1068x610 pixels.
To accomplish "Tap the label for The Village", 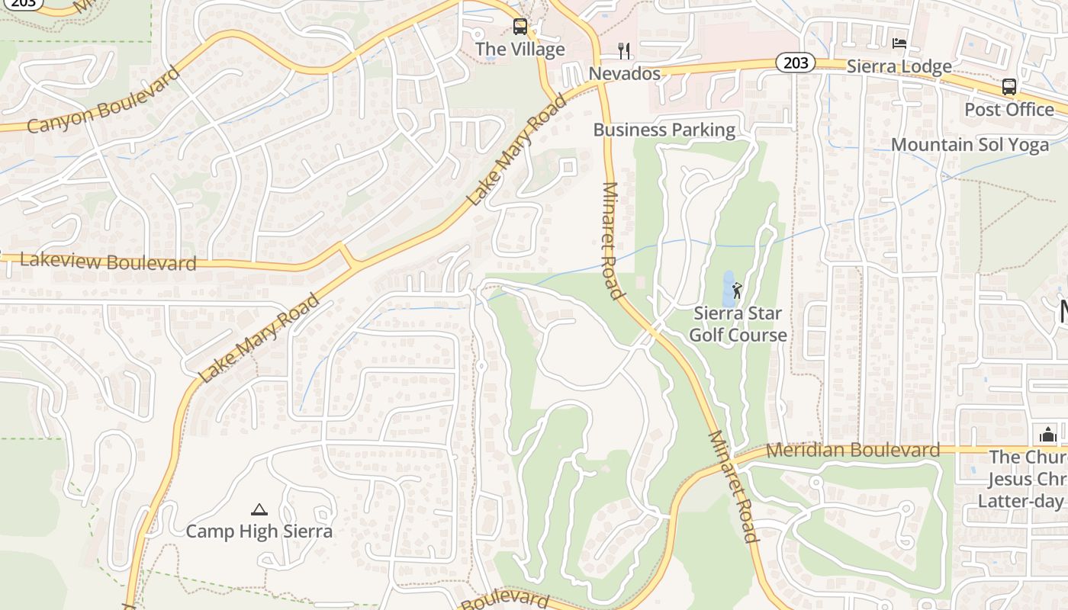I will point(520,50).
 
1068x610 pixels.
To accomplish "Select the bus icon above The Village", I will point(520,27).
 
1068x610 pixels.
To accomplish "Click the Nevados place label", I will point(625,74).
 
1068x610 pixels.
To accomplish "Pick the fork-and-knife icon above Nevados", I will point(625,51).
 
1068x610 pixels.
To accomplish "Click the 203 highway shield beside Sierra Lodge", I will point(796,63).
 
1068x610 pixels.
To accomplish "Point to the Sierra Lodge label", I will point(899,66).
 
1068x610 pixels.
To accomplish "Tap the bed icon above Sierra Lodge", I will point(899,43).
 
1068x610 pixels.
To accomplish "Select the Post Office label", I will point(1009,109).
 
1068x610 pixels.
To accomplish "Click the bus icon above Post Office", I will point(1009,86).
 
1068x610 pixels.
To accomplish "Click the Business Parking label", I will point(664,130).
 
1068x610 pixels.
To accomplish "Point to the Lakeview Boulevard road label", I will point(108,262).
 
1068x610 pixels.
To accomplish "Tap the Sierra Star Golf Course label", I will point(738,324).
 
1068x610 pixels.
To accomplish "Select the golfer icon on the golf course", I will point(737,291).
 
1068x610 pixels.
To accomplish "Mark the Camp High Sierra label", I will point(259,531).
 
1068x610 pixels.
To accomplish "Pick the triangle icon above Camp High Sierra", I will point(259,509).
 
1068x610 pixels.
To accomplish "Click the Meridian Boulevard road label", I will point(853,450).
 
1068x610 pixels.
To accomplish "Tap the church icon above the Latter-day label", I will point(1048,435).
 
